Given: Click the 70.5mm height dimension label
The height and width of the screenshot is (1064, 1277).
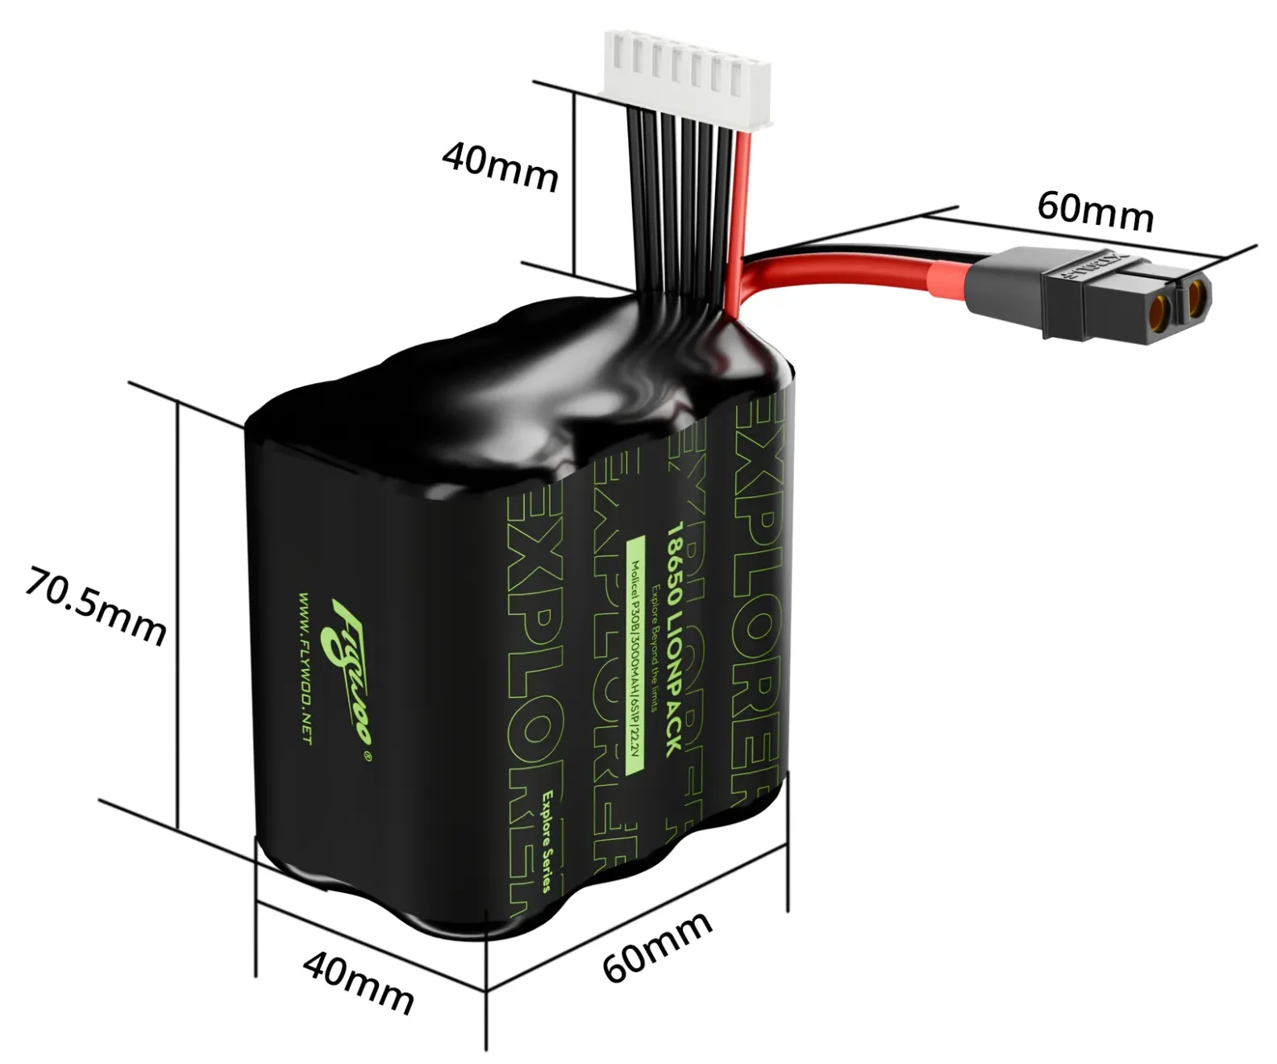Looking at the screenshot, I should pyautogui.click(x=95, y=606).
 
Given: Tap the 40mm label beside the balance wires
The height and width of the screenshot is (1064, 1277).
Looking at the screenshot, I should pyautogui.click(x=500, y=167).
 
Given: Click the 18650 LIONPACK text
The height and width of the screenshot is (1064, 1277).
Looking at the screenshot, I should pyautogui.click(x=673, y=641).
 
